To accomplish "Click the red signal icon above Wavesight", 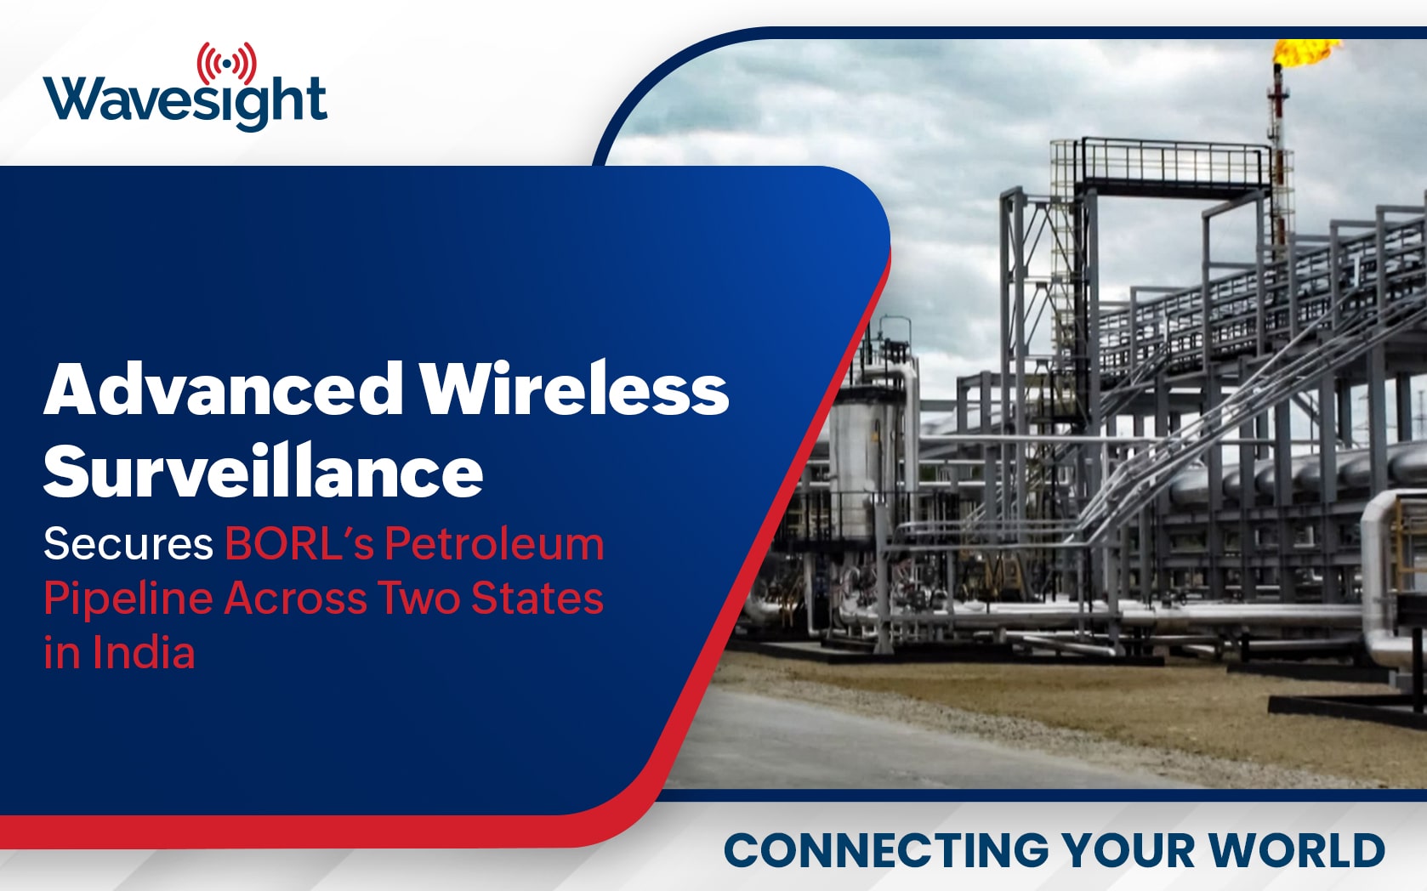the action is (x=227, y=64).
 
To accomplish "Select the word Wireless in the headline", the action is (x=575, y=389).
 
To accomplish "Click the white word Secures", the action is (x=128, y=545).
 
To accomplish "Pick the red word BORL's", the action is (x=298, y=544).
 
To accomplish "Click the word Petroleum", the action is (x=494, y=544).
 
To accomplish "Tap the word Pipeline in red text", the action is (x=128, y=600).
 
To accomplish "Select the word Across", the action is (x=295, y=599).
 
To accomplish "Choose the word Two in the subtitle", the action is (x=419, y=599).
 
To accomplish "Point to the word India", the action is (x=144, y=653).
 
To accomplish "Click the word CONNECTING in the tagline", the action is (x=886, y=850).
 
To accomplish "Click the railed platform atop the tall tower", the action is (x=1159, y=164).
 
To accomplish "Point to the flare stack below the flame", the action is (x=1278, y=153).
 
